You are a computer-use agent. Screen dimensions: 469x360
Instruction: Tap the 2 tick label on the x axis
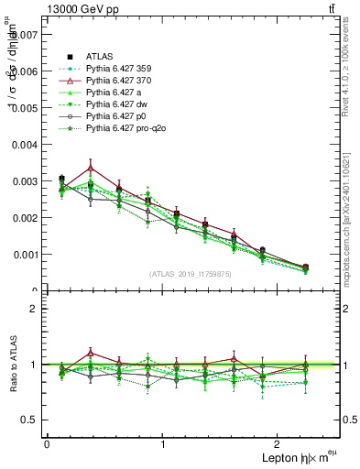(280, 443)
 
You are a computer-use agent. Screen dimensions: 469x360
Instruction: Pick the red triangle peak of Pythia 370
(116, 168)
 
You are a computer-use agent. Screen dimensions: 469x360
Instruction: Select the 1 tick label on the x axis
(163, 443)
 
